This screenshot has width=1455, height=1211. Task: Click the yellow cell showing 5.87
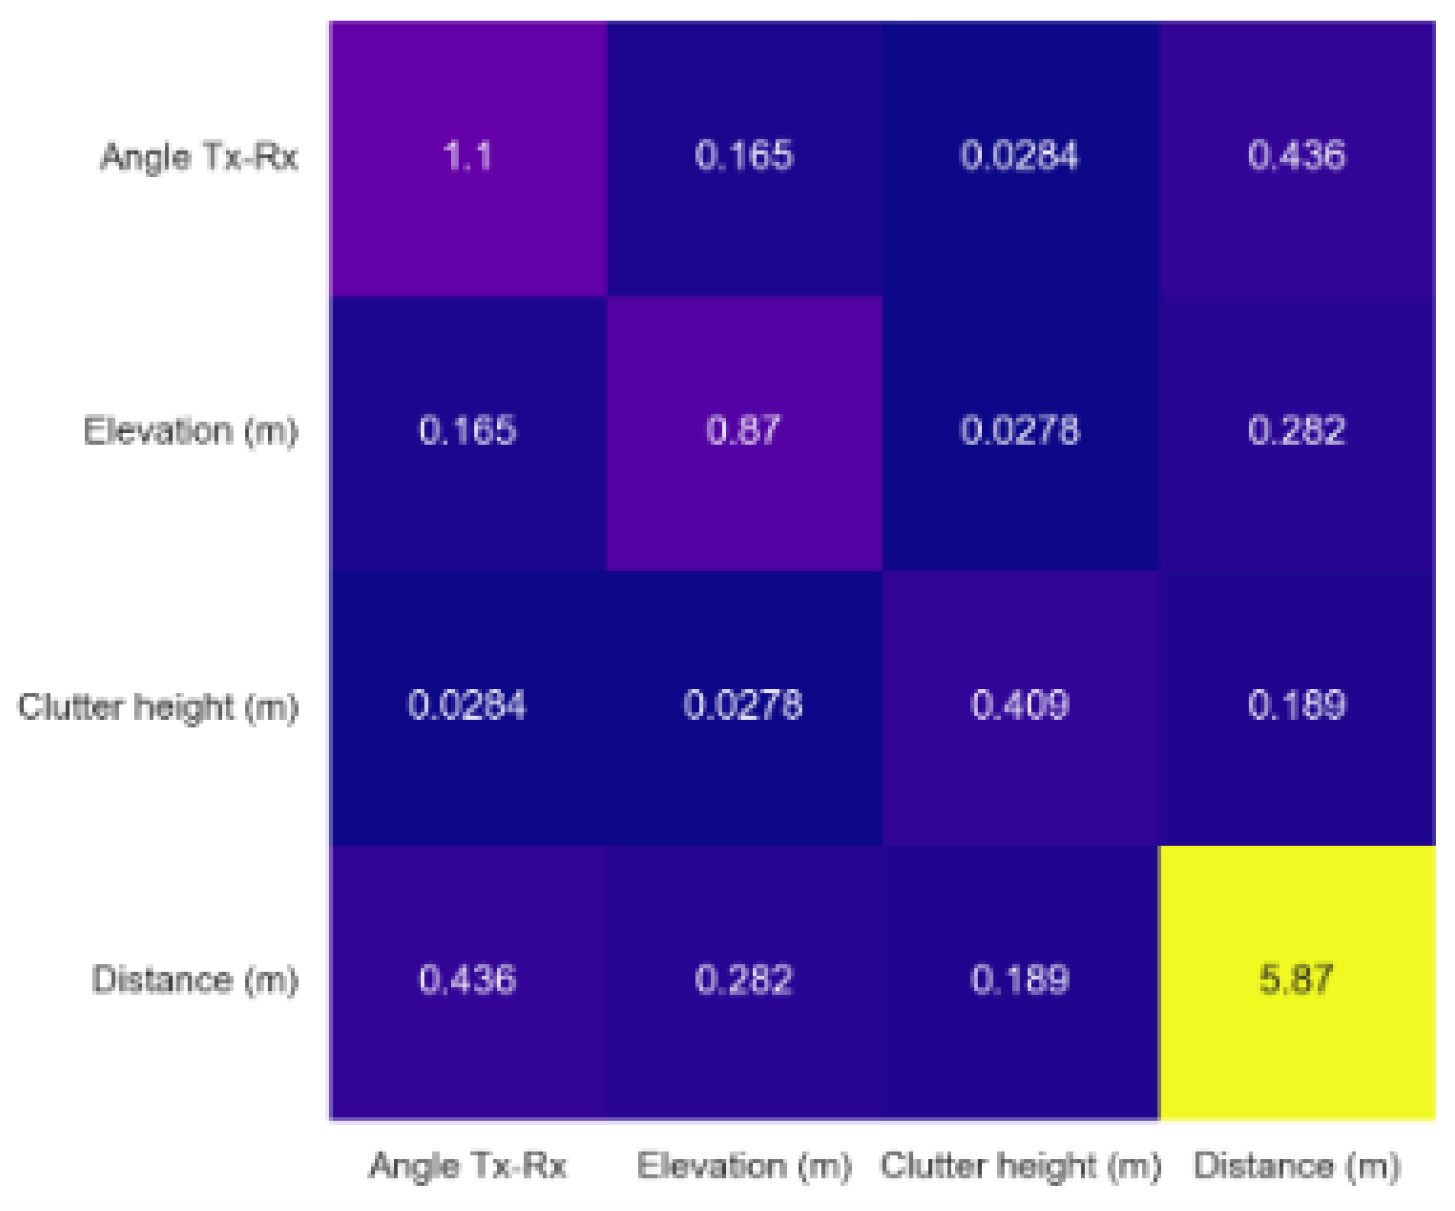point(1296,979)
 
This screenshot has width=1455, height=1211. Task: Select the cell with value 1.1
point(468,155)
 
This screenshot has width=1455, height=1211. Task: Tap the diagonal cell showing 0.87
point(744,430)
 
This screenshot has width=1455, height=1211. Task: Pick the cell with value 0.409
point(1019,705)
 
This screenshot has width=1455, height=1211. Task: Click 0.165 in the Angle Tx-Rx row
point(744,155)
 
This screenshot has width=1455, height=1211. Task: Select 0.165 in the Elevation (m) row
point(468,430)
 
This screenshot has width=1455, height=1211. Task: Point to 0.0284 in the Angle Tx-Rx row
point(1019,155)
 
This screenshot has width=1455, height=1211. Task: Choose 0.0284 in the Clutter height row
point(468,705)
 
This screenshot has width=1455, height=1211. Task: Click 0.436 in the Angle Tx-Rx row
point(1296,155)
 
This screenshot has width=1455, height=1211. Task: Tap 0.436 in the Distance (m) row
point(468,979)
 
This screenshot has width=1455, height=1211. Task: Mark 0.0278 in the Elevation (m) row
point(1019,430)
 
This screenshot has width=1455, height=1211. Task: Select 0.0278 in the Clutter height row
point(744,705)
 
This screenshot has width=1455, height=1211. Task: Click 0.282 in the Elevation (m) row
point(1296,430)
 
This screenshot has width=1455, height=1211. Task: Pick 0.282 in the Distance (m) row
point(744,979)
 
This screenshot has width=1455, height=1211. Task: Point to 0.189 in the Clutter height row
point(1296,705)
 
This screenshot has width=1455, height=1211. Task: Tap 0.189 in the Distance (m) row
point(1019,979)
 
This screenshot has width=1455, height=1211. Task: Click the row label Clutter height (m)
point(158,707)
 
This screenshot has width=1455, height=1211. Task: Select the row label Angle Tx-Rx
point(199,156)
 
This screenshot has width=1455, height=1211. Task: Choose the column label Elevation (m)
point(744,1165)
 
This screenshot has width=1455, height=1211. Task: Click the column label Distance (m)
point(1296,1165)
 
